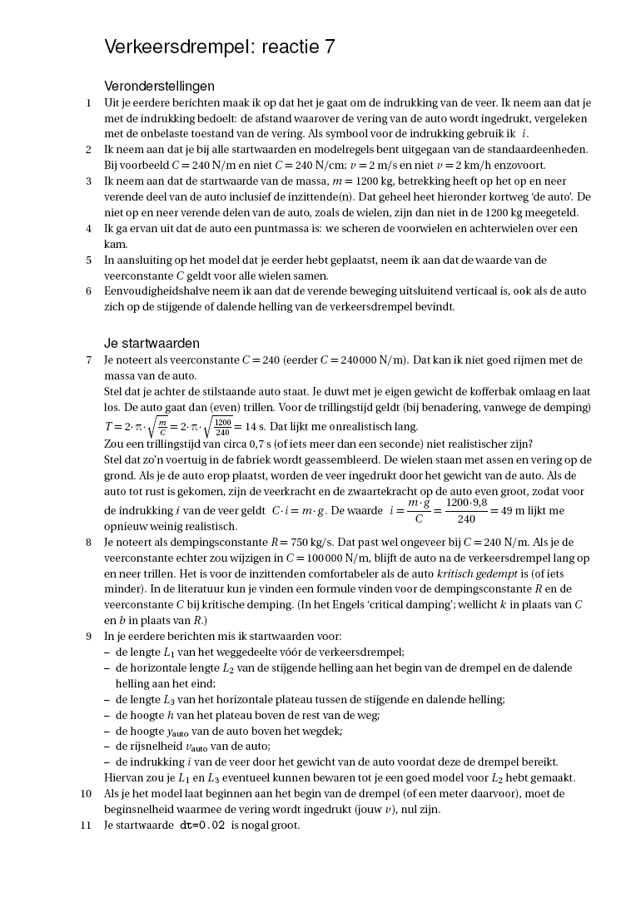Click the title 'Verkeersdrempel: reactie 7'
220,47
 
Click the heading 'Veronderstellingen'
159,87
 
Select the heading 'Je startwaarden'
152,344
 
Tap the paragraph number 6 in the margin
88,291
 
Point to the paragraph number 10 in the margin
86,794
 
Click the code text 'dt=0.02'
202,826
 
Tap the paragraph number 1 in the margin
88,103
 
